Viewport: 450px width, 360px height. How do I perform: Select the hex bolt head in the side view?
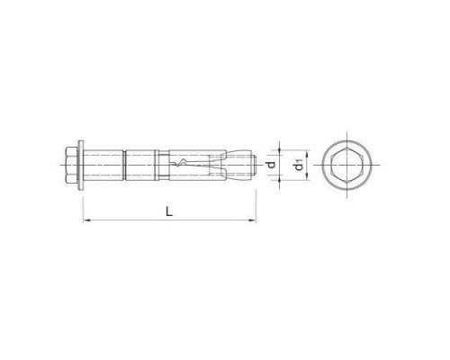click(x=75, y=165)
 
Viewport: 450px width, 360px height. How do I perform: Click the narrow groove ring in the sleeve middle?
click(x=125, y=165)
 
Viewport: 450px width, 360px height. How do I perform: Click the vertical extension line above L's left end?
click(x=82, y=202)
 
